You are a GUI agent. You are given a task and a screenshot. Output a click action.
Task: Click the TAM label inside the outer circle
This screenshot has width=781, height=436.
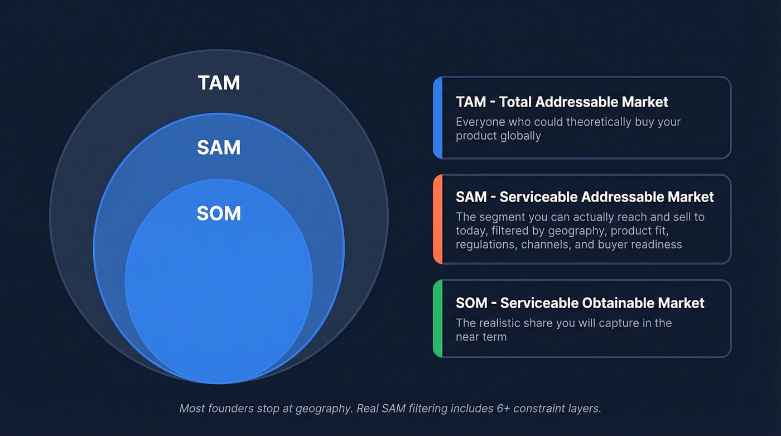point(219,83)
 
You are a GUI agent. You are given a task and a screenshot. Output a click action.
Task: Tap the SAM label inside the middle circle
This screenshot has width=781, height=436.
point(219,148)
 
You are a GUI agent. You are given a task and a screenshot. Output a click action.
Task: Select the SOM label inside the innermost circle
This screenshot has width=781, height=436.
point(219,214)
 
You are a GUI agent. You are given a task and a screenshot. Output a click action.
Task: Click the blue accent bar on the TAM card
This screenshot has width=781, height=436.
point(438,118)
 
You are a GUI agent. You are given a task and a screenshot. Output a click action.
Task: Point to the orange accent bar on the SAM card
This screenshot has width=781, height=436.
point(438,219)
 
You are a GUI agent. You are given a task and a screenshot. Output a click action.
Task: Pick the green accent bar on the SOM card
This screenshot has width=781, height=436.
point(438,318)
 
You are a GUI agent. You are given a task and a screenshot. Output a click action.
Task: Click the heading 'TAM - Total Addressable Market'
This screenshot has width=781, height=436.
point(562,102)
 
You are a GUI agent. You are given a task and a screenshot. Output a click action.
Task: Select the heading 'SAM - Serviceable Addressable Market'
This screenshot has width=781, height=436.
point(585,197)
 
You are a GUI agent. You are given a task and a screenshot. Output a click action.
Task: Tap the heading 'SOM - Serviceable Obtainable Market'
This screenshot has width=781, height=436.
point(580,303)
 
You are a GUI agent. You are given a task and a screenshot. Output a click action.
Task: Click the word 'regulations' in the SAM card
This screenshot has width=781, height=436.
point(485,245)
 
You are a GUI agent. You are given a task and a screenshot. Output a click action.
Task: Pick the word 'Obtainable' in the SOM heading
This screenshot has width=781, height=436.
point(618,303)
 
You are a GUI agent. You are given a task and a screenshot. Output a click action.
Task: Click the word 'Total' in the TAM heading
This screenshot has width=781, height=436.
point(515,102)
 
